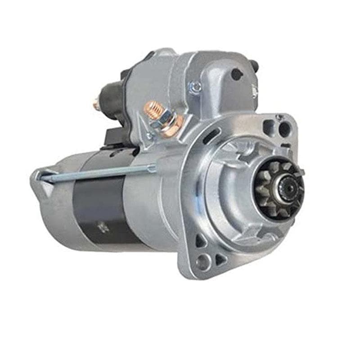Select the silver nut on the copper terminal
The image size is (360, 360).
click(166, 118)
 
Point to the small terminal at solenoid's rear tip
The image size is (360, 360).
click(96, 104)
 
